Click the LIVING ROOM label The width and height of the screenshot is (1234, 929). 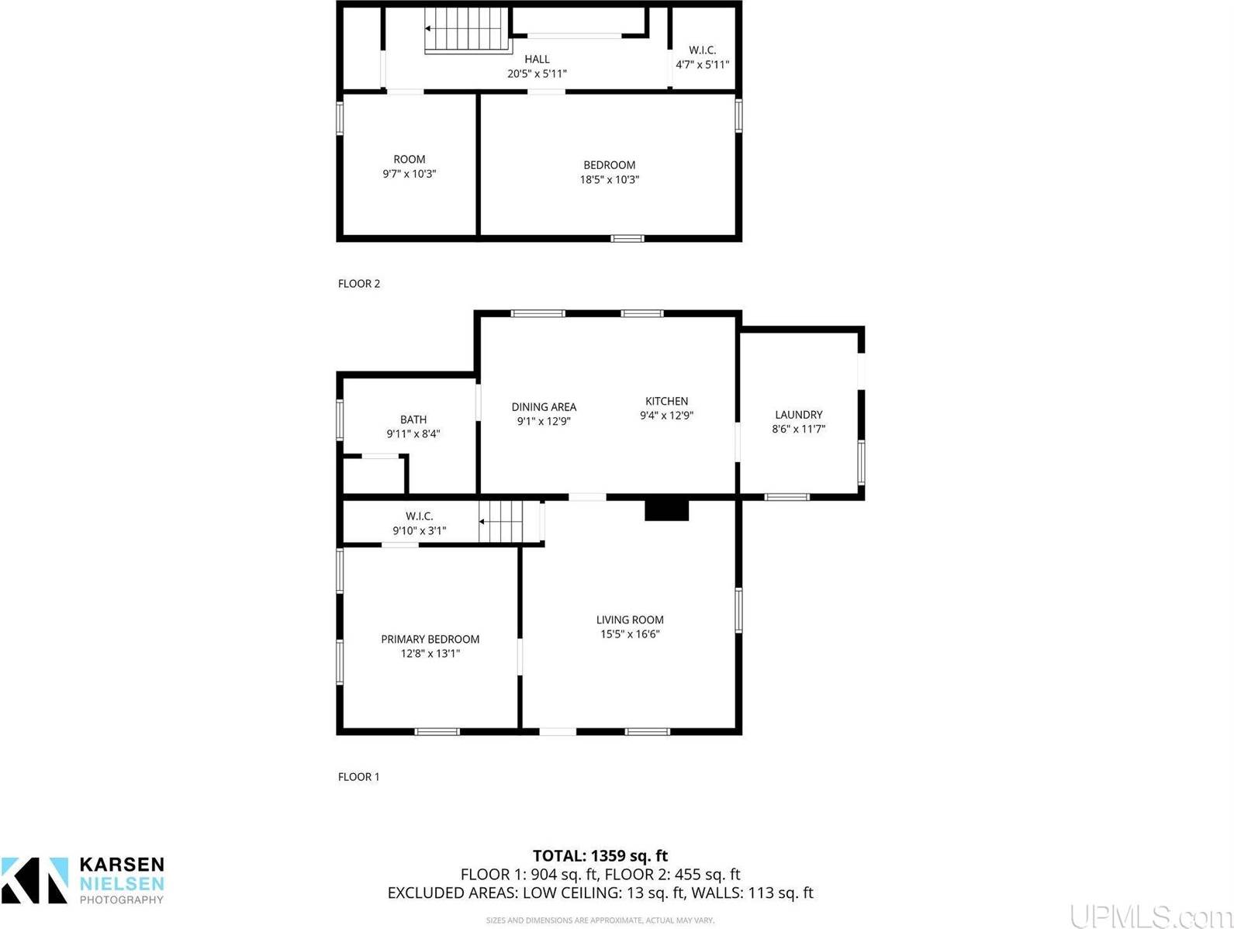[x=630, y=620]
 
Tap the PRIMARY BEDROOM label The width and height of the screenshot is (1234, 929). [x=430, y=639]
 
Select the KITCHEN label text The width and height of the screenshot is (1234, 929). [x=666, y=401]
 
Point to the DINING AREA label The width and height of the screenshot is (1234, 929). [x=544, y=406]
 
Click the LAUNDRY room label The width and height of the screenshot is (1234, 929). [x=798, y=415]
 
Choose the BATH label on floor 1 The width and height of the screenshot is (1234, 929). [x=413, y=420]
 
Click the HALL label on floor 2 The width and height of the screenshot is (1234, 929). [x=537, y=59]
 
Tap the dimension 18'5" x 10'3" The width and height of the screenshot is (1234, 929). [x=610, y=179]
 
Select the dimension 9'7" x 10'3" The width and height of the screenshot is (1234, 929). [x=410, y=174]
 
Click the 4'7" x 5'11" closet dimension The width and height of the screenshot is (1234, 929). [x=703, y=65]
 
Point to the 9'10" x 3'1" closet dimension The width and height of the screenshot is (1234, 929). [x=419, y=531]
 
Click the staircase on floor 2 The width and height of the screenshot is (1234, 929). [x=465, y=29]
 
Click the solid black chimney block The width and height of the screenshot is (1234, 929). [x=666, y=509]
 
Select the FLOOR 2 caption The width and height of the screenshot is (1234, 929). [x=359, y=284]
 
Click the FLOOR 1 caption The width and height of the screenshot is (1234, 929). [x=359, y=777]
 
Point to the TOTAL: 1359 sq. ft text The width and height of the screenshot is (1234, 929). [x=600, y=856]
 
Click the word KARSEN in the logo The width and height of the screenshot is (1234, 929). [x=122, y=865]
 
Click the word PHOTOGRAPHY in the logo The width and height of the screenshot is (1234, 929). [x=122, y=900]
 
